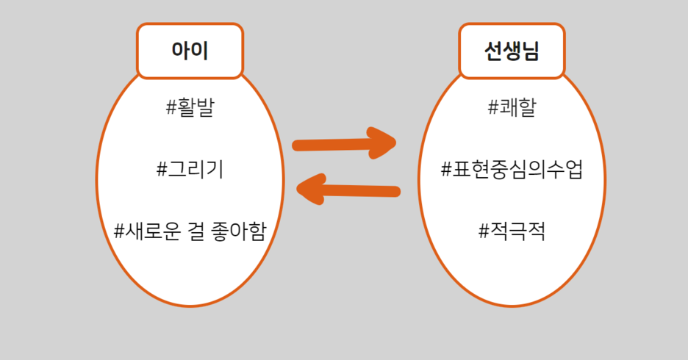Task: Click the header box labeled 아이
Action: point(190,51)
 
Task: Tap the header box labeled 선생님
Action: point(512,51)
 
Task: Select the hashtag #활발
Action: point(190,108)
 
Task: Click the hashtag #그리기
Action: point(190,170)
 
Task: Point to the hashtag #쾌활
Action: point(512,108)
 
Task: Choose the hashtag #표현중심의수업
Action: point(512,170)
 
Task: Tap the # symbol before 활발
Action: point(172,108)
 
